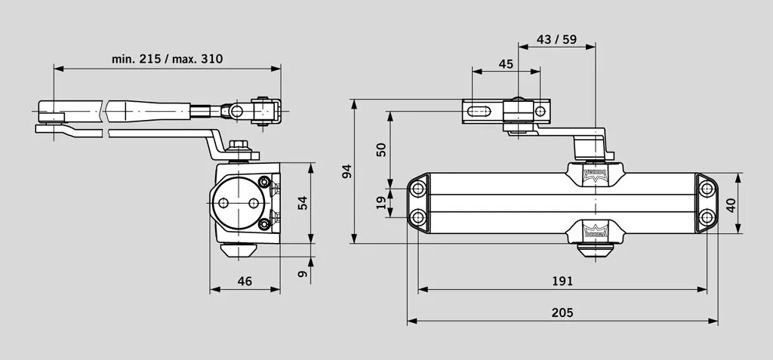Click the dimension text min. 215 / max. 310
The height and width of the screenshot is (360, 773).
coord(168,58)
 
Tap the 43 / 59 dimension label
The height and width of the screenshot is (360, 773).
coord(557,40)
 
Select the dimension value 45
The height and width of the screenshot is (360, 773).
coord(506,64)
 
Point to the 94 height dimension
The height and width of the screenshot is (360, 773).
coord(346,171)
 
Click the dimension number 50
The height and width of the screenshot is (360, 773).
coord(380,149)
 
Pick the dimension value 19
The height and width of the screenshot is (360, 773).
coord(380,202)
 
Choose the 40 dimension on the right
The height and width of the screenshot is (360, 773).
coord(730,205)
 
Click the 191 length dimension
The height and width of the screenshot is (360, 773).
coord(562,281)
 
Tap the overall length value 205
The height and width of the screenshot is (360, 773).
coord(562,312)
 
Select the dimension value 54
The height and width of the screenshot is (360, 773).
coord(303,203)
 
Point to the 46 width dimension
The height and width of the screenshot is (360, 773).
coord(245,281)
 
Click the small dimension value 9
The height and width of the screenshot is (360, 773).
coord(303,274)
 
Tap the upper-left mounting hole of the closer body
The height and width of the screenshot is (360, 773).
coord(416,188)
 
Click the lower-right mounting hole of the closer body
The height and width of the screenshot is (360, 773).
coord(706,217)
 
